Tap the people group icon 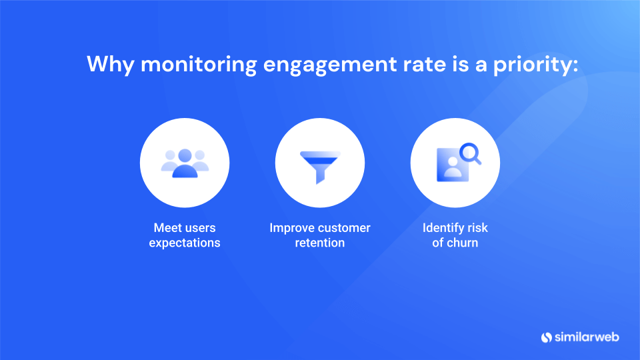pos(185,163)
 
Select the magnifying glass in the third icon pos(471,154)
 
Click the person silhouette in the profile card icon pos(453,167)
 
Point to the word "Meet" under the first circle pos(167,228)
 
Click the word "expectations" pos(185,243)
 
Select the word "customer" pos(344,228)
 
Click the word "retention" pos(320,243)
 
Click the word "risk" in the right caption pos(479,228)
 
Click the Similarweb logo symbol pos(547,337)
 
